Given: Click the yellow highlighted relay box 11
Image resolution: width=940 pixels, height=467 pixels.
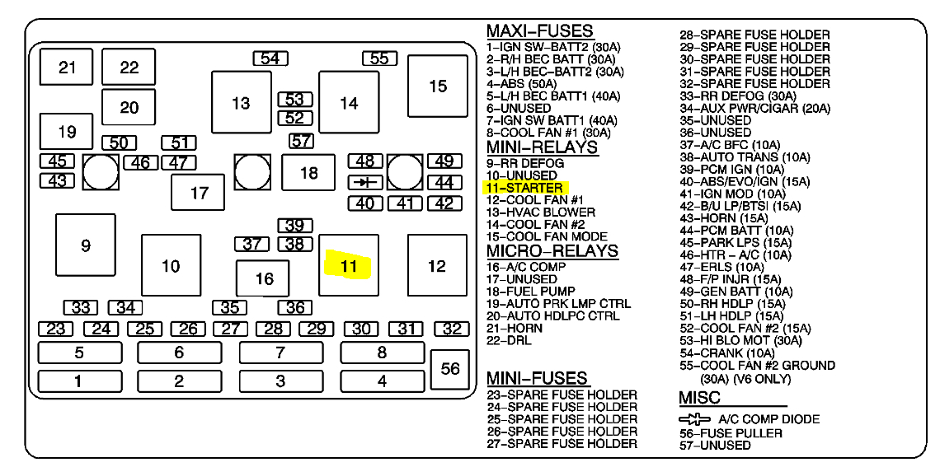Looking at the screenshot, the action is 349,265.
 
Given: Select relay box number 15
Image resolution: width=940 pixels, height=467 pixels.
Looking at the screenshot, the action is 438,86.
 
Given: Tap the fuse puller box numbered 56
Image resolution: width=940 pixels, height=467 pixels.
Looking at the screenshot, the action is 450,369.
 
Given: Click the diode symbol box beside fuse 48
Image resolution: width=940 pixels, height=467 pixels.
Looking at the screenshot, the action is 364,182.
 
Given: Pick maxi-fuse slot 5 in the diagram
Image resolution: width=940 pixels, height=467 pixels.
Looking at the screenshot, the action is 79,353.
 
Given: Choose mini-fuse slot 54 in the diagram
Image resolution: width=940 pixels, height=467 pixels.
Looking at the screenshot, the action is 270,58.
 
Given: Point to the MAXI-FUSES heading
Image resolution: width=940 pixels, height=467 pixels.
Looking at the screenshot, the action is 539,31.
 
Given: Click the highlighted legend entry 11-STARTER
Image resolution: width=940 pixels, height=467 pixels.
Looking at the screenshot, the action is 524,188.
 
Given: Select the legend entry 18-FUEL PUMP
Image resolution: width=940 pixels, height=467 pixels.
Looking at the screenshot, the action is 530,292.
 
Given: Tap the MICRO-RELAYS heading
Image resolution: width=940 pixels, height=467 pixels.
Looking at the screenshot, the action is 552,250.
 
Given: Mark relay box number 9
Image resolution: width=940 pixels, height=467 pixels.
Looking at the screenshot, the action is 86,245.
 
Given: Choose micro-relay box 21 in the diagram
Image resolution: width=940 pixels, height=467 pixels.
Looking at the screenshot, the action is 67,68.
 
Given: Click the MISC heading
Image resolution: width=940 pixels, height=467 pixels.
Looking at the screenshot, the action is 699,398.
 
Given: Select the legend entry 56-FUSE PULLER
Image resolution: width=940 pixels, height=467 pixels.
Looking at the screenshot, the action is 731,433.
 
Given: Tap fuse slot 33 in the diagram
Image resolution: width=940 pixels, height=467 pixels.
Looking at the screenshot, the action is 81,308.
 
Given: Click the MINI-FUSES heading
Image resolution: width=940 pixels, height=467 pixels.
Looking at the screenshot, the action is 537,378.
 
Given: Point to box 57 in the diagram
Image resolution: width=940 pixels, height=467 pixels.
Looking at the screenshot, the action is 301,141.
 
